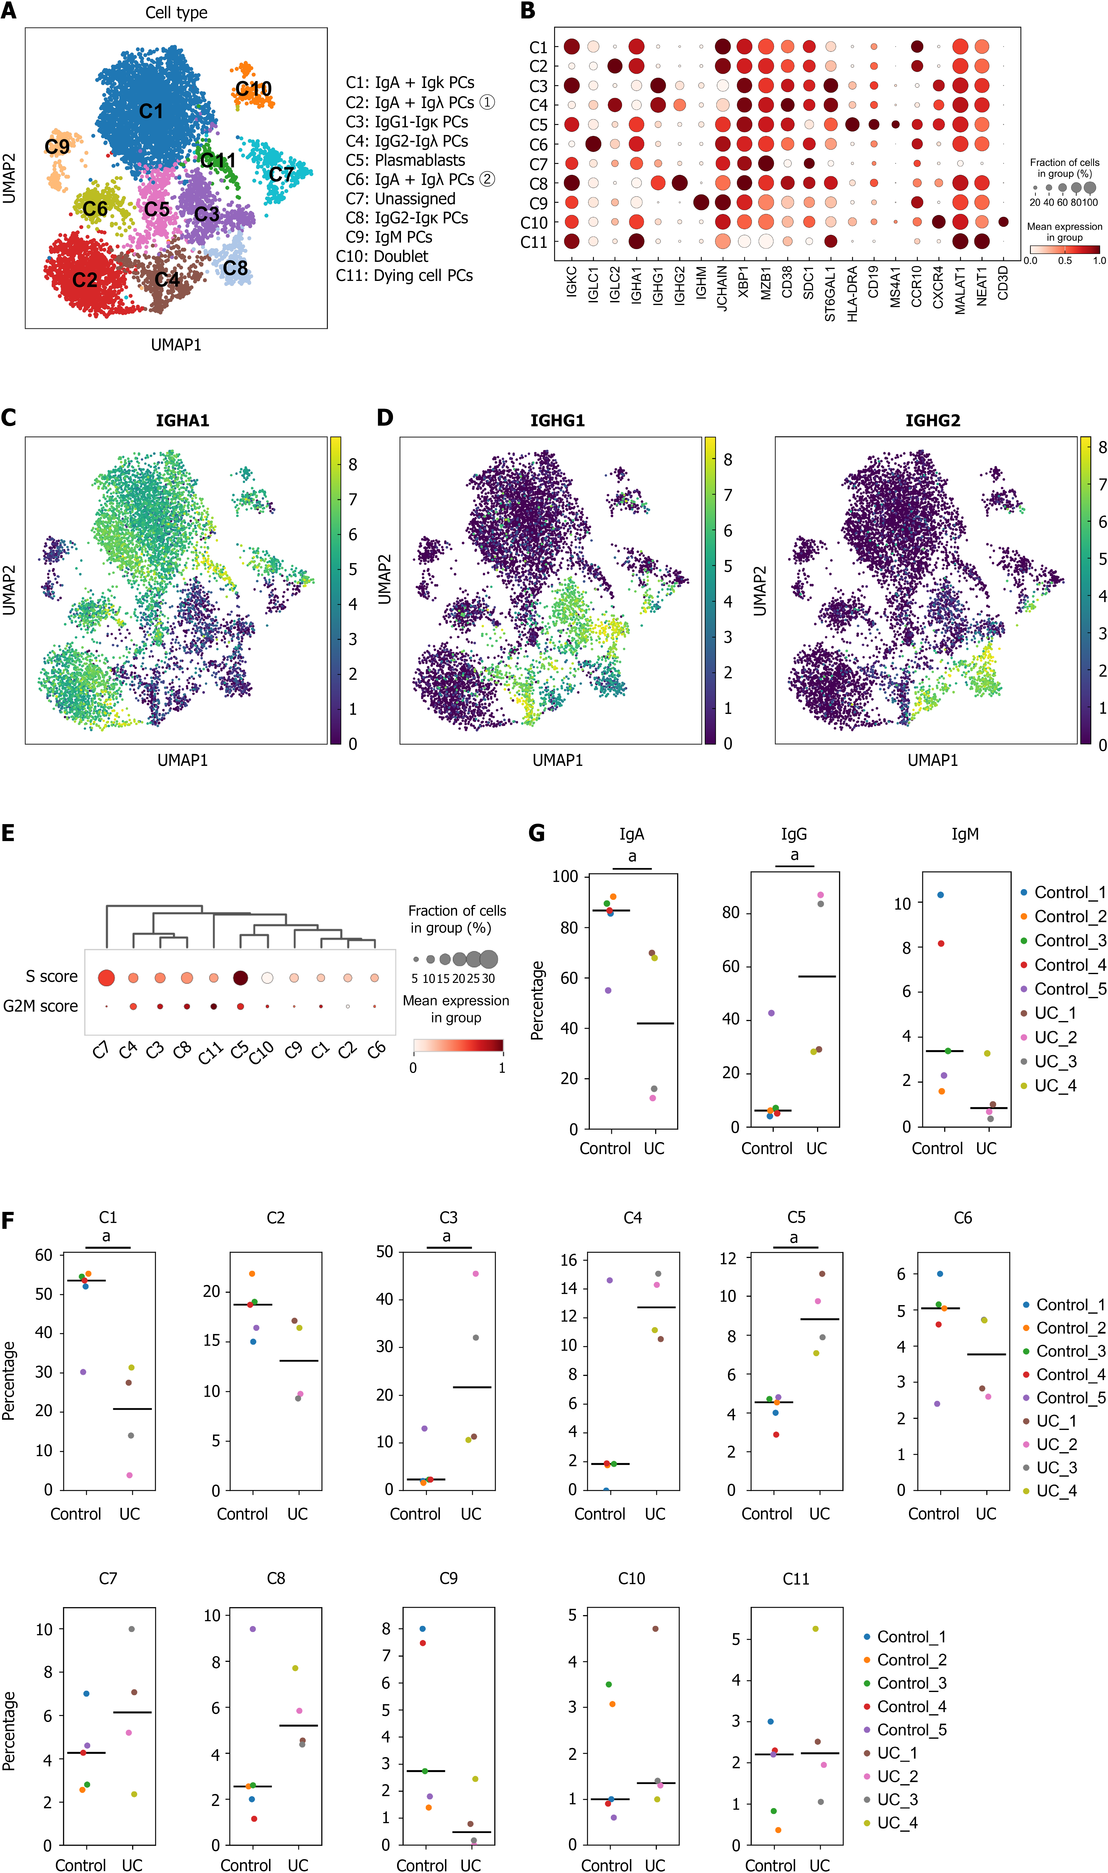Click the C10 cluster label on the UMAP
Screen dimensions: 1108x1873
click(254, 89)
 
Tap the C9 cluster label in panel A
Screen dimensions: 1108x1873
click(57, 146)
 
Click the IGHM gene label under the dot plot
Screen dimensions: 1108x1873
click(701, 284)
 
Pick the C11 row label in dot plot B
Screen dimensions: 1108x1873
click(534, 242)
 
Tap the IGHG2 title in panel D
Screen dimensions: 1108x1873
click(932, 420)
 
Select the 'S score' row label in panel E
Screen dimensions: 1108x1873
click(52, 976)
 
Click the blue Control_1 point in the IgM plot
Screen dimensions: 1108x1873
click(941, 894)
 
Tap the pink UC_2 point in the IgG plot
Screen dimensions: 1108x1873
click(821, 894)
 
